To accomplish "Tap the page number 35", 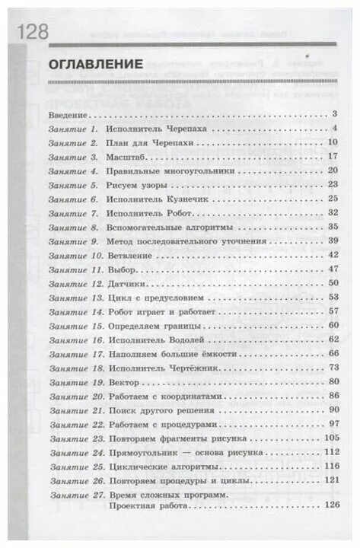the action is (x=331, y=227).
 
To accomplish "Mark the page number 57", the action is (x=331, y=311).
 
